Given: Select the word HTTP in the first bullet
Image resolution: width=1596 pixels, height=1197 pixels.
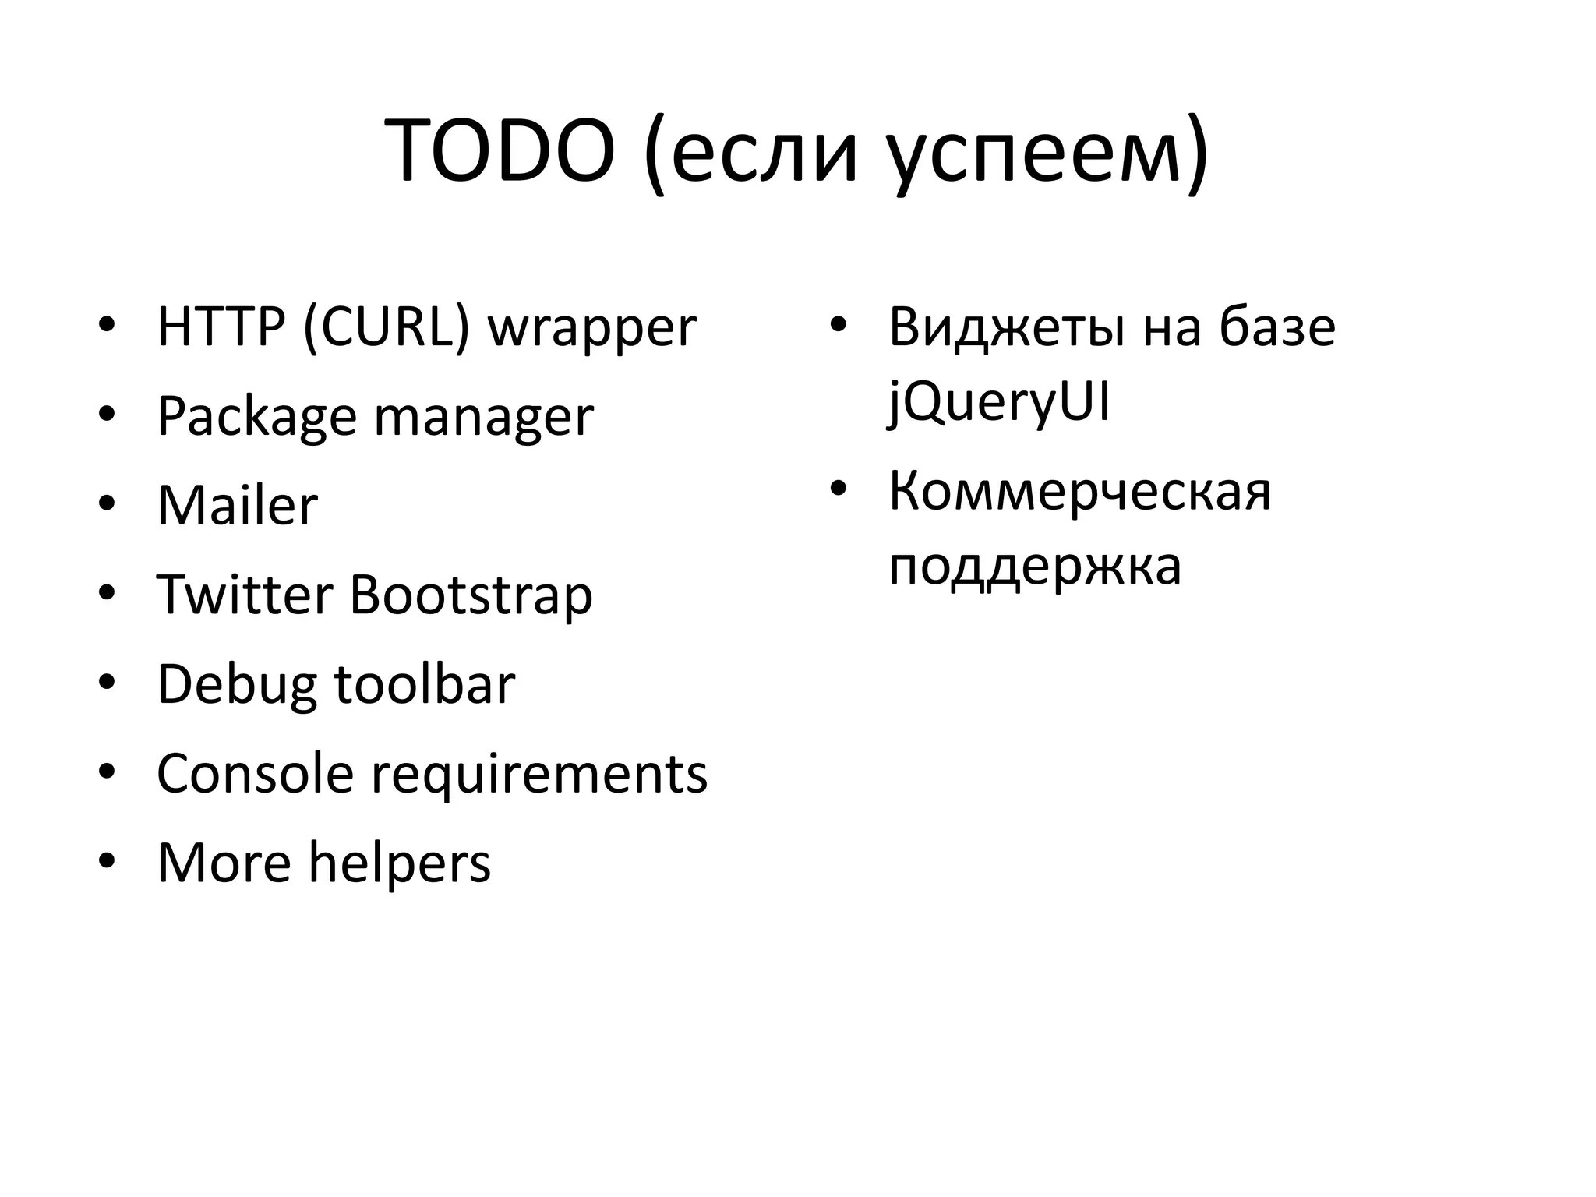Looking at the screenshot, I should pos(221,327).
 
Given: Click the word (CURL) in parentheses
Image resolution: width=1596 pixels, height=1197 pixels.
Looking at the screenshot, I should pos(387,327).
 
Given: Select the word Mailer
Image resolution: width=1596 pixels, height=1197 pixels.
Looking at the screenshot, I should pos(238,506).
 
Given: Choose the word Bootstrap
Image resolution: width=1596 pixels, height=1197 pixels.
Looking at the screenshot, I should pos(471,597).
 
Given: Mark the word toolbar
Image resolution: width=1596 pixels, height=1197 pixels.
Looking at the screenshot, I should pos(425,684).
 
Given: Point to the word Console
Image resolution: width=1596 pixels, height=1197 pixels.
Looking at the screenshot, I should pos(255,774).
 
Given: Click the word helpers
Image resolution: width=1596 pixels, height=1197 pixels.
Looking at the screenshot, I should pos(400,864).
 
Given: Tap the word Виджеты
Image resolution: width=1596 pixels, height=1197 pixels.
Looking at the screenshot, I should pos(1006,328).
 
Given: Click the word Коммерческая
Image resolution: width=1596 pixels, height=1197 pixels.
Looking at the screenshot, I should pos(1079,493).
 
